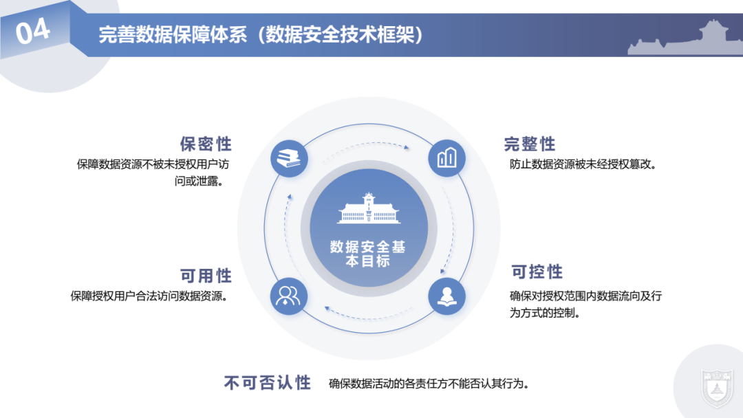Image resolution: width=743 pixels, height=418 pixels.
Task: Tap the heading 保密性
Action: pyautogui.click(x=206, y=144)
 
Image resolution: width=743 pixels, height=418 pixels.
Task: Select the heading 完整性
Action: pyautogui.click(x=530, y=144)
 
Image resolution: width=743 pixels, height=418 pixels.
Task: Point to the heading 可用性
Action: pyautogui.click(x=206, y=276)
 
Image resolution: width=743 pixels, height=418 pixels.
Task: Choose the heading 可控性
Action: pyautogui.click(x=537, y=272)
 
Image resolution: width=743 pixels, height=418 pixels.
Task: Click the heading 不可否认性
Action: pyautogui.click(x=268, y=383)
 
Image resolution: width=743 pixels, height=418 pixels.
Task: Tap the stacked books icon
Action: pyautogui.click(x=289, y=158)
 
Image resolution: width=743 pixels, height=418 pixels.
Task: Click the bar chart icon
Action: pyautogui.click(x=446, y=158)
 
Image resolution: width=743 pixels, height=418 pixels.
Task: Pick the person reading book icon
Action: pyautogui.click(x=446, y=296)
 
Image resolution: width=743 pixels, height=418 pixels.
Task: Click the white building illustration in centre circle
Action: pyautogui.click(x=368, y=210)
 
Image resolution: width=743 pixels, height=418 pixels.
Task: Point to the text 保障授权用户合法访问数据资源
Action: pyautogui.click(x=149, y=296)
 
